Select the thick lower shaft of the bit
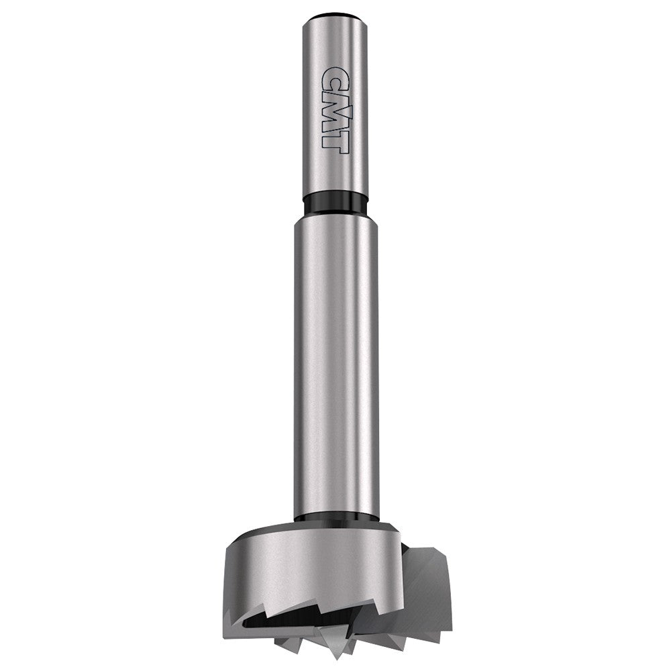(335, 362)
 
